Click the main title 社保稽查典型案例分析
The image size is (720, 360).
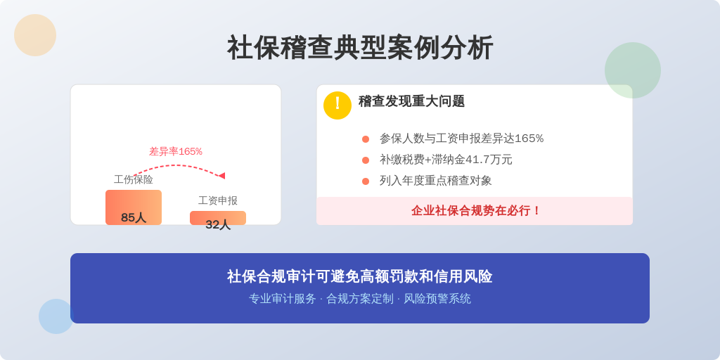coord(360,48)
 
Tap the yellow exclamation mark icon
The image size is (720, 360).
coord(337,105)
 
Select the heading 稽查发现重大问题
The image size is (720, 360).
coord(411,101)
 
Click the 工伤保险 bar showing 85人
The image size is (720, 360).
coord(134,207)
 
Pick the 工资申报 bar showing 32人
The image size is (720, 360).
coord(218,218)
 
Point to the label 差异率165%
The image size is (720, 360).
coord(175,152)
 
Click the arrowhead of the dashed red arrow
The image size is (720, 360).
coord(221,176)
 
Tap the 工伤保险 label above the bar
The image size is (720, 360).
coord(134,179)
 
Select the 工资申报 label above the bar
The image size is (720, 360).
coord(218,200)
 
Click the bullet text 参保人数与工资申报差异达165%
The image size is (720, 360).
coord(461,139)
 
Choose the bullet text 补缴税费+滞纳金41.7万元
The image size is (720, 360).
coord(446,160)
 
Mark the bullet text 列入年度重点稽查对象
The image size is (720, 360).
coord(436,181)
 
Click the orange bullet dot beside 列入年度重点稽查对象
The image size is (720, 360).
coord(366,181)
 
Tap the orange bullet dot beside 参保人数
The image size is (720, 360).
coord(366,139)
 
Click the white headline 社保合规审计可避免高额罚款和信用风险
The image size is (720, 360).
coord(360,276)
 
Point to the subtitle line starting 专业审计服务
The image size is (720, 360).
coord(360,299)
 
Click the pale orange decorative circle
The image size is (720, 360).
coord(35,35)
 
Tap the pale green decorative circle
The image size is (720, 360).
coord(633,70)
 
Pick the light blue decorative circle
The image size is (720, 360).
coord(56,316)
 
